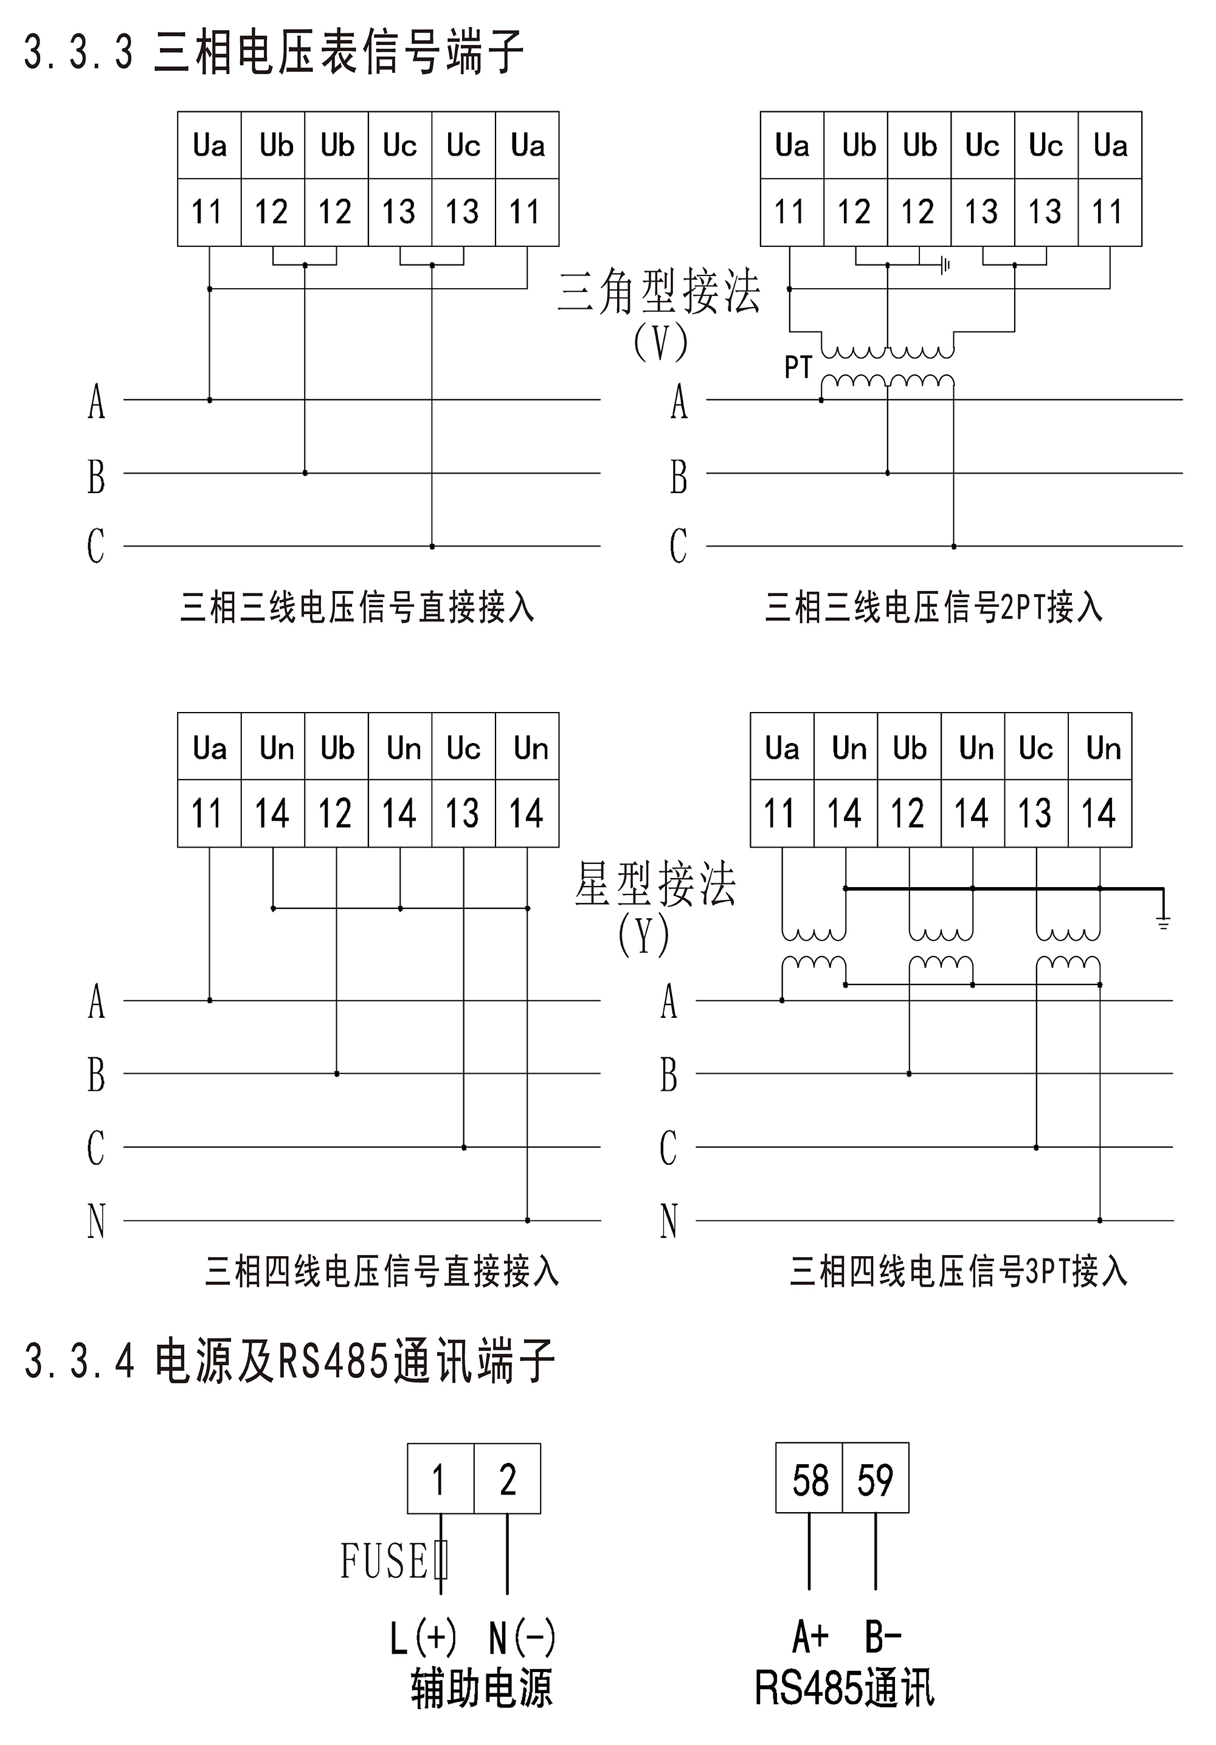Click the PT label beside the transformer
click(798, 368)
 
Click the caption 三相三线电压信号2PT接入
click(933, 607)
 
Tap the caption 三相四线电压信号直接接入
click(382, 1271)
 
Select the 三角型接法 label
click(659, 291)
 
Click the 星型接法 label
click(655, 883)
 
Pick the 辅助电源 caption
click(482, 1690)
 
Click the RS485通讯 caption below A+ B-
click(845, 1689)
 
